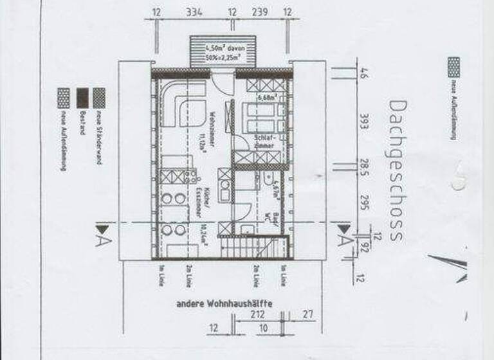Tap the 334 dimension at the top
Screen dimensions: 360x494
pyautogui.click(x=192, y=12)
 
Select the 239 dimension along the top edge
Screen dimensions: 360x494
pyautogui.click(x=259, y=12)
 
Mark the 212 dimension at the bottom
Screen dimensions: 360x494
pyautogui.click(x=259, y=315)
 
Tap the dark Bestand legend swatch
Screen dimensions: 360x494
pyautogui.click(x=82, y=97)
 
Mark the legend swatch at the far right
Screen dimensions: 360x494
pyautogui.click(x=453, y=66)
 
